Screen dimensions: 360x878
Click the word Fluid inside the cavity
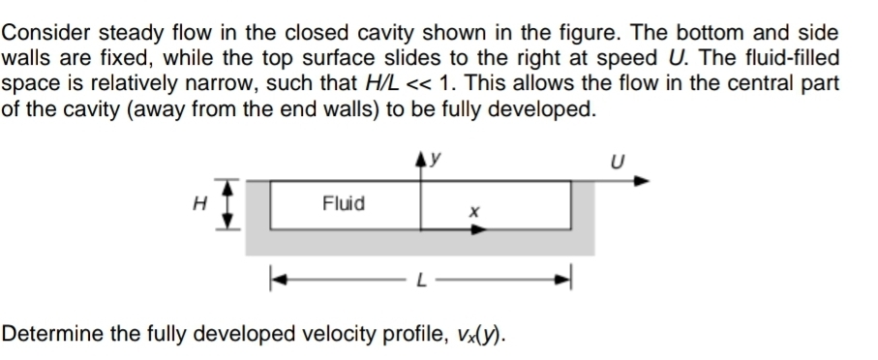[x=344, y=203]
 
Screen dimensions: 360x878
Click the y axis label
[x=437, y=155]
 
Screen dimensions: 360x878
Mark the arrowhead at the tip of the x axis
[x=480, y=228]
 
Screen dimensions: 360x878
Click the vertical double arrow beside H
[x=227, y=203]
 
